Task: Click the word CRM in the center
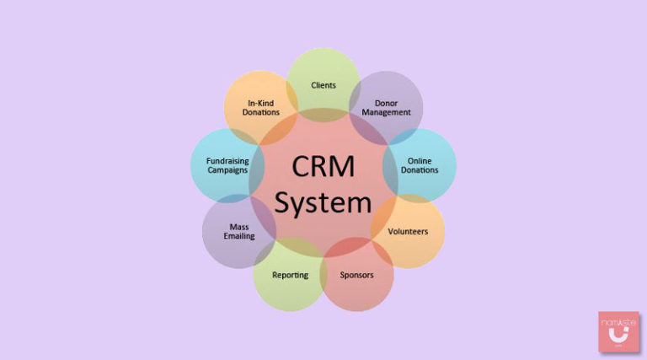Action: click(323, 166)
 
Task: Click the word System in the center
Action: click(323, 202)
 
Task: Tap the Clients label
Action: click(323, 85)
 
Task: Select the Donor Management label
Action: click(392, 107)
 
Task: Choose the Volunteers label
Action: click(408, 230)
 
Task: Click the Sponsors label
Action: click(356, 275)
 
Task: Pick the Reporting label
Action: click(290, 275)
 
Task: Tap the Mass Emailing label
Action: click(238, 231)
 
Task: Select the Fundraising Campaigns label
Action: click(227, 165)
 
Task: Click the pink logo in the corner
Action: click(618, 331)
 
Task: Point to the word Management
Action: click(392, 112)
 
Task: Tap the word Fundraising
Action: click(227, 160)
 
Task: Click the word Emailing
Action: click(238, 236)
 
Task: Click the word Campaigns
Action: click(227, 170)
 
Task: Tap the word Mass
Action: click(238, 226)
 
